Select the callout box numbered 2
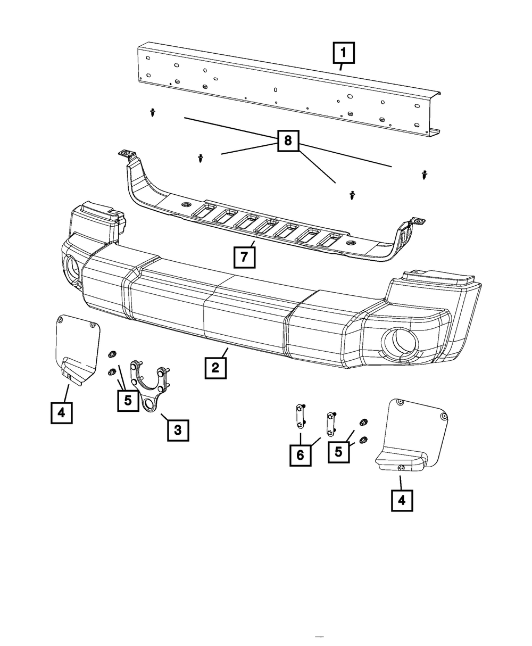tap(215, 368)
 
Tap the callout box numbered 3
tap(178, 430)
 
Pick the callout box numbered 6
tap(301, 455)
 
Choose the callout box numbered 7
tap(244, 256)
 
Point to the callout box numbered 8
tap(288, 140)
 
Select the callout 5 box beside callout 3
tap(128, 400)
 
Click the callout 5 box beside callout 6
tap(339, 451)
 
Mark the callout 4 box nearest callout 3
tap(62, 412)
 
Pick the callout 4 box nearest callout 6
tap(402, 500)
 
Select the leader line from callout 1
tap(341, 67)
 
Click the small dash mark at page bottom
tap(319, 636)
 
